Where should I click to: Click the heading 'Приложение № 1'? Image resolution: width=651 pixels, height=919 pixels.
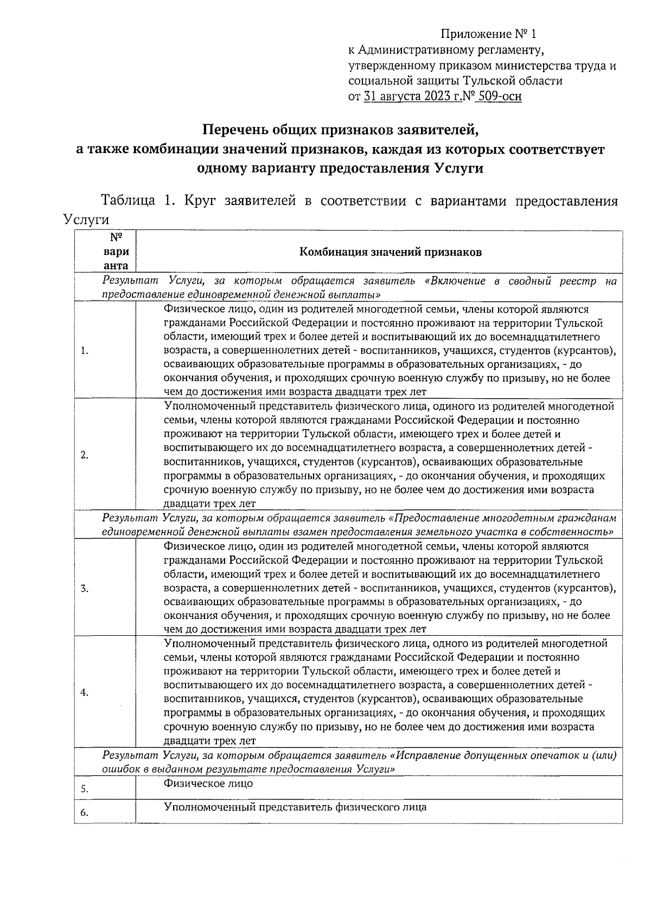click(x=488, y=35)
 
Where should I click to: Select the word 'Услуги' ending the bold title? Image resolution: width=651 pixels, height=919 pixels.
click(x=458, y=168)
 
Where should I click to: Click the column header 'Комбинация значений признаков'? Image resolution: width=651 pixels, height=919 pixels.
click(x=391, y=252)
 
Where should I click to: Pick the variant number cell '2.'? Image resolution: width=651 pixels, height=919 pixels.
click(x=85, y=455)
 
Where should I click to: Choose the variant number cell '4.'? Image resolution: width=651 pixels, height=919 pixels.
click(x=85, y=693)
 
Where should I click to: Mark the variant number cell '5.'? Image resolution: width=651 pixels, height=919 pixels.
click(x=85, y=789)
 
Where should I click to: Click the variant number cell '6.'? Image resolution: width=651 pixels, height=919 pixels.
click(x=85, y=813)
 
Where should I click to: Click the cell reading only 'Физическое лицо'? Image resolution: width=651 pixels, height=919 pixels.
click(x=208, y=783)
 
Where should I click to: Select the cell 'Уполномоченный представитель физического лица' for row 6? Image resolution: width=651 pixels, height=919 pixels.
click(x=295, y=807)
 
